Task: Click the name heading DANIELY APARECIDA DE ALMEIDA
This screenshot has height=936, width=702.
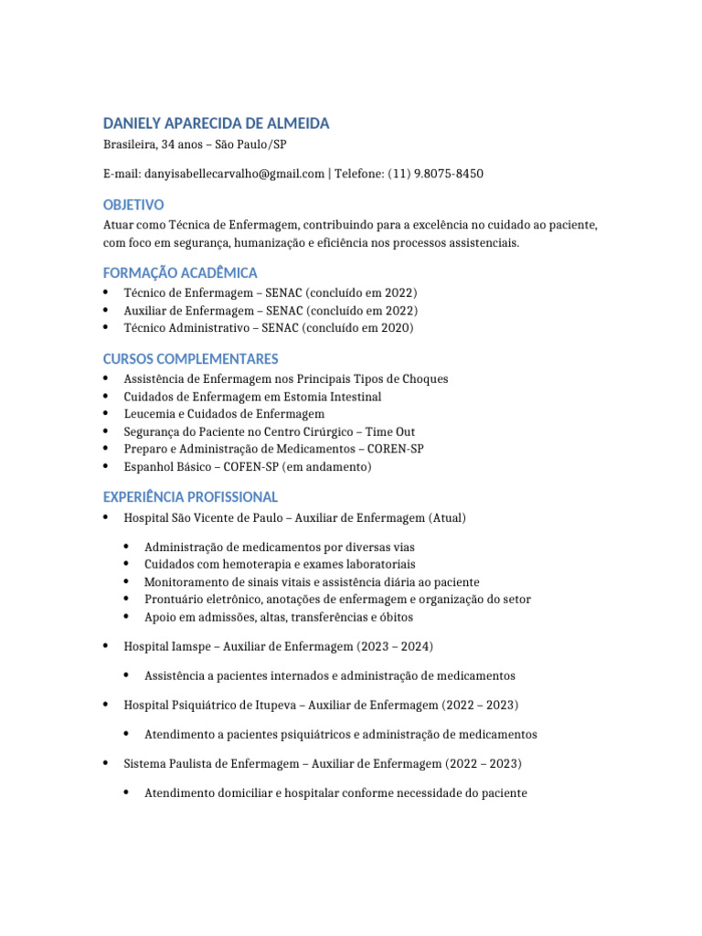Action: coord(216,123)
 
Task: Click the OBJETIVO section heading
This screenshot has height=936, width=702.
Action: coord(133,205)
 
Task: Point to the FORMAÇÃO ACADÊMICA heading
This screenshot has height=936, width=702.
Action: coord(180,272)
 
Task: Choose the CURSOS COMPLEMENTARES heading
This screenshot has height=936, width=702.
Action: coord(190,358)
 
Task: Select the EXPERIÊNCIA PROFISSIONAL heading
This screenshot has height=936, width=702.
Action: coord(190,496)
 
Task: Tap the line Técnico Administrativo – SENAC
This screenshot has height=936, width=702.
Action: coord(268,327)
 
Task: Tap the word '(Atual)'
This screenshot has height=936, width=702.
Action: coord(447,518)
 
